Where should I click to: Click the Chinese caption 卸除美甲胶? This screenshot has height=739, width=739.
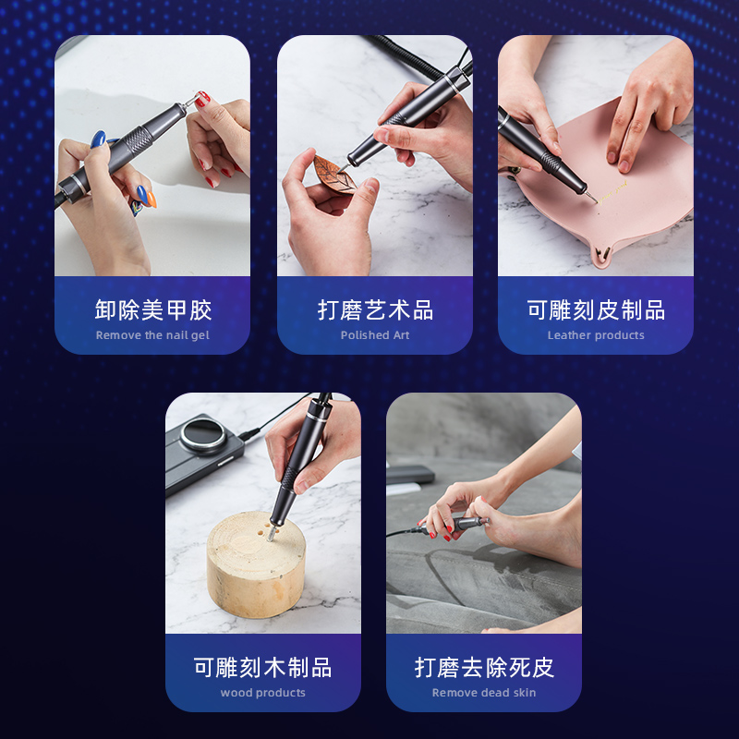pyautogui.click(x=152, y=309)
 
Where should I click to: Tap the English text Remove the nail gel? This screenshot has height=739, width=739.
pyautogui.click(x=152, y=335)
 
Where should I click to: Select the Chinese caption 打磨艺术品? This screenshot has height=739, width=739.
pyautogui.click(x=375, y=309)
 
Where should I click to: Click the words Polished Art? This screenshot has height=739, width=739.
pyautogui.click(x=375, y=335)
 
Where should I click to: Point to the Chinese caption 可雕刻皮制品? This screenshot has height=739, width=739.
pyautogui.click(x=596, y=309)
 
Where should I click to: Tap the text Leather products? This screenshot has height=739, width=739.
pyautogui.click(x=596, y=335)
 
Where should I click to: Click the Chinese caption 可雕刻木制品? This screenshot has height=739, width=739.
pyautogui.click(x=262, y=667)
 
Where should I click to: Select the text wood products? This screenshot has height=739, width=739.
pyautogui.click(x=262, y=693)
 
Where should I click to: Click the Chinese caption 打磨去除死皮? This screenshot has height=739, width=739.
pyautogui.click(x=484, y=667)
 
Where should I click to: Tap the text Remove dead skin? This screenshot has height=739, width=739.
pyautogui.click(x=484, y=693)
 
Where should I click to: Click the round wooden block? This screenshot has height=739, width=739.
pyautogui.click(x=249, y=568)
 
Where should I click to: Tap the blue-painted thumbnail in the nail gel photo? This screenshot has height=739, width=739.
pyautogui.click(x=98, y=139)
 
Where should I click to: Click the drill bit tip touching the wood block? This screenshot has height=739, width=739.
pyautogui.click(x=269, y=535)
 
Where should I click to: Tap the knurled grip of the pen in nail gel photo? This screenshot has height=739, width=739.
pyautogui.click(x=133, y=147)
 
